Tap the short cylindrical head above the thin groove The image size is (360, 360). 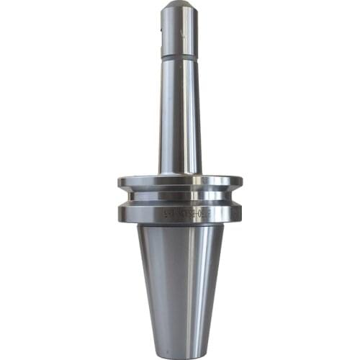coord(179,32)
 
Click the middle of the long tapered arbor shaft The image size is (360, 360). coord(179,115)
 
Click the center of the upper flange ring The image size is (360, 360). coord(179,181)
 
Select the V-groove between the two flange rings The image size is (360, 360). coord(179,197)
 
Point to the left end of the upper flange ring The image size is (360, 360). coord(120,182)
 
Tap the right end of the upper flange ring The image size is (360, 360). coord(240,182)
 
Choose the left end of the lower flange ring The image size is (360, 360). coord(120,212)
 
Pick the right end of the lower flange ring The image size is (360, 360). coord(240,212)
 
